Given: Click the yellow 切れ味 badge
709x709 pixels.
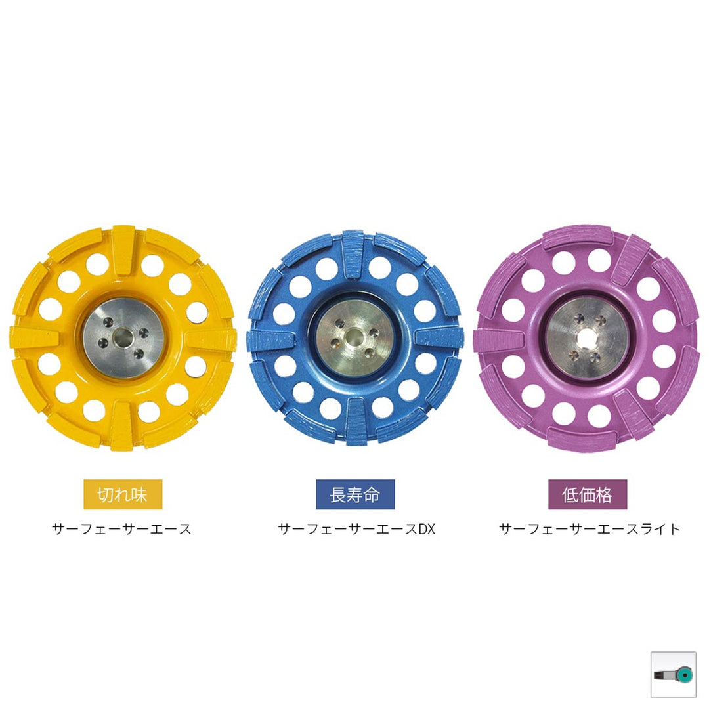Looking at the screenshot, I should click(123, 494).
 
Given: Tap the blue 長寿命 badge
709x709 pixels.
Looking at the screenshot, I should click(355, 494).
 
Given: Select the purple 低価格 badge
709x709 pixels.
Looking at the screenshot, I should click(588, 494).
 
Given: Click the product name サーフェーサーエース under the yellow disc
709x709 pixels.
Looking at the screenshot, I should click(122, 529).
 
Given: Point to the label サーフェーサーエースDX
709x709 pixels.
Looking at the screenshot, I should click(356, 529).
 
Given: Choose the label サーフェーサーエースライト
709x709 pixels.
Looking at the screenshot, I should click(590, 529).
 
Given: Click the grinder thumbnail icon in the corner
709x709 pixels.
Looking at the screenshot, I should click(673, 674).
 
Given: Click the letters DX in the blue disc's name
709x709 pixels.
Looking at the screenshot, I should click(427, 529).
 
